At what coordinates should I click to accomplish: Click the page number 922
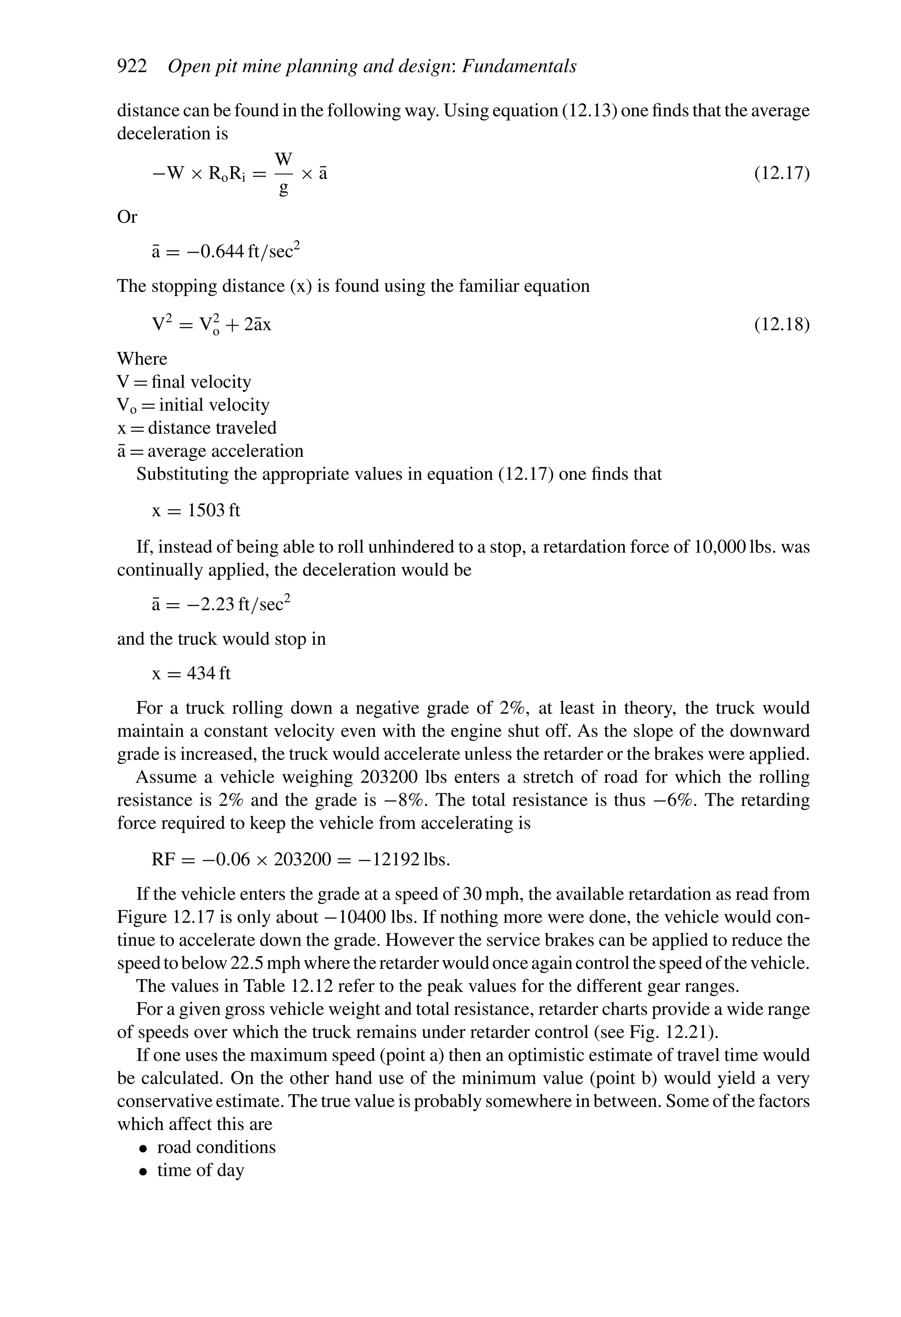132,67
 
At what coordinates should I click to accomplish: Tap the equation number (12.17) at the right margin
781,173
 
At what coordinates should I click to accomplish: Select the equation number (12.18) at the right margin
781,325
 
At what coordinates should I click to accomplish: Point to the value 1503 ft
214,510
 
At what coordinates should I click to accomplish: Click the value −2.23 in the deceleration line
210,605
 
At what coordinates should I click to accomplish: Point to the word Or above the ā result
127,217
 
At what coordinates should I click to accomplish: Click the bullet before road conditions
144,1148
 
